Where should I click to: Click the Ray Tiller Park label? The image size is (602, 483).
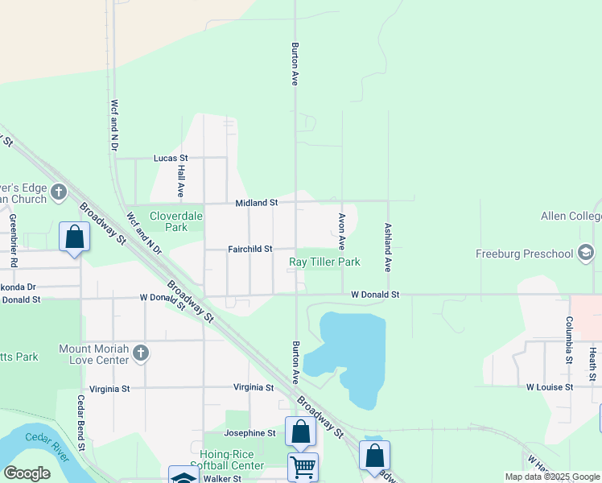tap(324, 262)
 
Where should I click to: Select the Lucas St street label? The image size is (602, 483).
tap(171, 159)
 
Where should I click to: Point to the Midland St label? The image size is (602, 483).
tap(256, 203)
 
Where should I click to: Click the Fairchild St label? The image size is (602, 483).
tap(249, 249)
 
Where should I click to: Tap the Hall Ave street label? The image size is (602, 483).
tap(181, 182)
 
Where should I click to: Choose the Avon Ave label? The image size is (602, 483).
tap(341, 230)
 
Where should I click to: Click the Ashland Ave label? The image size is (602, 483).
tap(388, 246)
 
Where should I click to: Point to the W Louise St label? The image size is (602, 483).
tap(549, 387)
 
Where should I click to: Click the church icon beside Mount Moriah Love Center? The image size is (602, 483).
tap(141, 353)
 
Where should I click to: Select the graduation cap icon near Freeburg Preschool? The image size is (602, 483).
tap(586, 254)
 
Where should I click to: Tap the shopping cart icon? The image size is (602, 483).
tap(303, 466)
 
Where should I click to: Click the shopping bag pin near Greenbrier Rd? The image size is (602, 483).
tap(74, 237)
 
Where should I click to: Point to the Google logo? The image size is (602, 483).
tap(27, 473)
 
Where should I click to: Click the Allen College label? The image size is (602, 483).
tap(571, 217)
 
